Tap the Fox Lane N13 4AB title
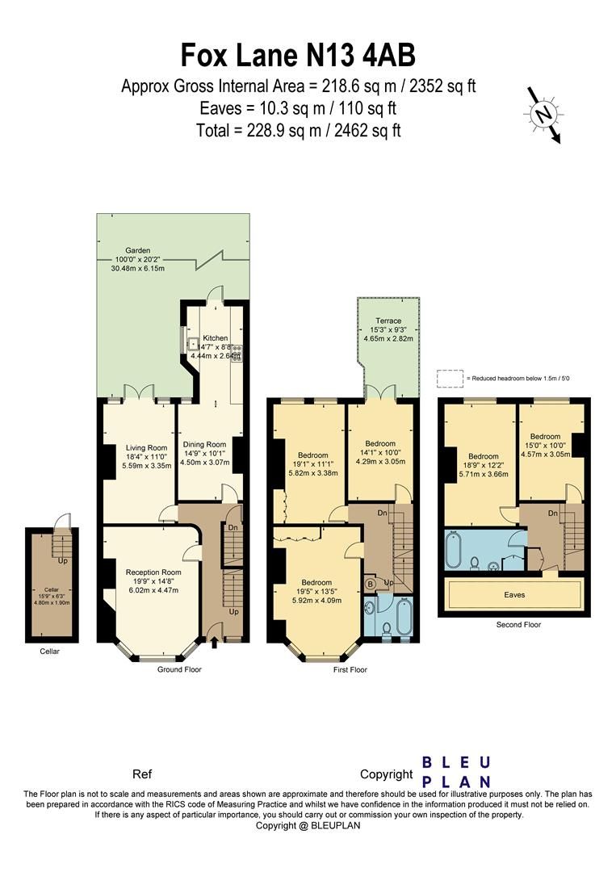click(x=298, y=56)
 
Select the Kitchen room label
click(x=216, y=337)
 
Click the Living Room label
click(x=146, y=448)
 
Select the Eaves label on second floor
click(x=514, y=595)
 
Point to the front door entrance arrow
click(x=214, y=642)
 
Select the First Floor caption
click(x=350, y=669)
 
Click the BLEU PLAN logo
click(x=457, y=772)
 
